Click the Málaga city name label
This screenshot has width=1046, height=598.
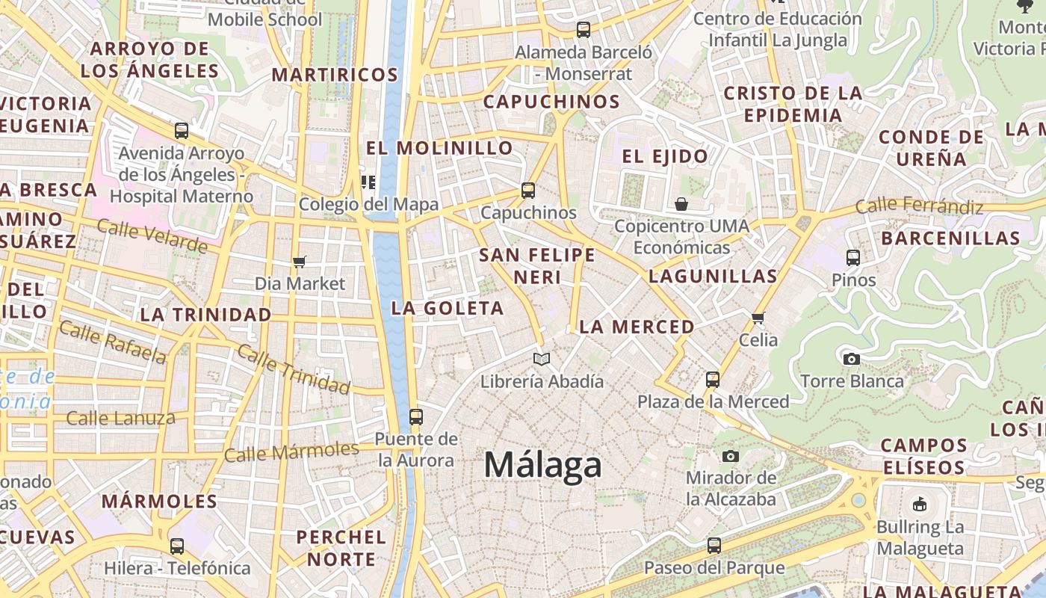pyautogui.click(x=542, y=465)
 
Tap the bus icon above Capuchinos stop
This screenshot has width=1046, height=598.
pyautogui.click(x=528, y=190)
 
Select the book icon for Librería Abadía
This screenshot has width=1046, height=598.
pyautogui.click(x=542, y=359)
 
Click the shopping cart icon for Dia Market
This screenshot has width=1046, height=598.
pyautogui.click(x=300, y=262)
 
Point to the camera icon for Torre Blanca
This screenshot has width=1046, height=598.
pyautogui.click(x=851, y=359)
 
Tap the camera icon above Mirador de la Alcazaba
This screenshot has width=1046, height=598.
pyautogui.click(x=731, y=456)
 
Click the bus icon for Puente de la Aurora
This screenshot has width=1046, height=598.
pyautogui.click(x=416, y=416)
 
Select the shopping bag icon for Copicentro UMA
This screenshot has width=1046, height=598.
pyautogui.click(x=681, y=203)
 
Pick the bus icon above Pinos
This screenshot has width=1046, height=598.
pyautogui.click(x=853, y=258)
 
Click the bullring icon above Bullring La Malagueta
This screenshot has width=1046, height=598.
pyautogui.click(x=920, y=505)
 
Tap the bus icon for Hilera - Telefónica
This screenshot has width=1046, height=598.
pyautogui.click(x=177, y=546)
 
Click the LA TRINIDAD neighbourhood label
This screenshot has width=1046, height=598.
pyautogui.click(x=205, y=315)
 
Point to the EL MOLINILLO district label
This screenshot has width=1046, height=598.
pyautogui.click(x=439, y=148)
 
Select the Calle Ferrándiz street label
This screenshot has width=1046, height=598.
pyautogui.click(x=919, y=206)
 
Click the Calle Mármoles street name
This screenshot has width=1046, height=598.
pyautogui.click(x=291, y=451)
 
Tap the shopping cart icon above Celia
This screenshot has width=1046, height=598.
pyautogui.click(x=758, y=318)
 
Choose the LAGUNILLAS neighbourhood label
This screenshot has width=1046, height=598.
pyautogui.click(x=713, y=276)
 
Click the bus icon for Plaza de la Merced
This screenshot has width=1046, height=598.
pyautogui.click(x=713, y=379)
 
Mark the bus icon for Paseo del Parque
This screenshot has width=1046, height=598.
pyautogui.click(x=714, y=546)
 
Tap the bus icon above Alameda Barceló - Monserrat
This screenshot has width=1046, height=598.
pyautogui.click(x=584, y=30)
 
